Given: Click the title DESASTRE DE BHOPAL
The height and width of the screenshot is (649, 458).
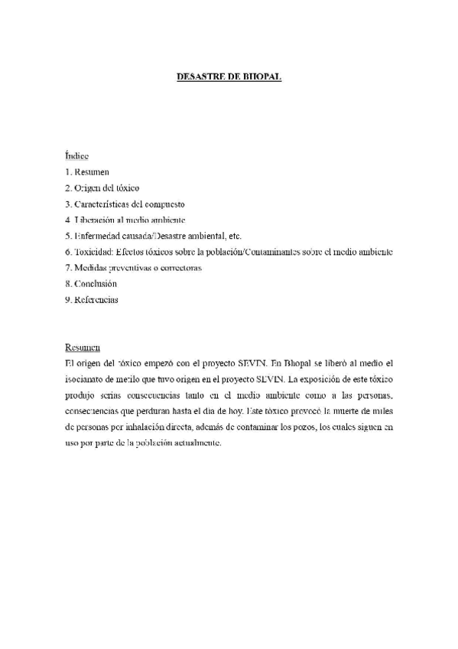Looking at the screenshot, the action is tap(229, 77).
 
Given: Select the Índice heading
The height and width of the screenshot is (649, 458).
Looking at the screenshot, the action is tap(77, 155).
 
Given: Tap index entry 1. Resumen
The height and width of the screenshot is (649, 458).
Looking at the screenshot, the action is tap(87, 171).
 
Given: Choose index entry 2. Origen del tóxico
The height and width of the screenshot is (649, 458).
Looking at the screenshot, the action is tap(102, 188).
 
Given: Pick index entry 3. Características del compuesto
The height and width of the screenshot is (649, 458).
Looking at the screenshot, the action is tap(125, 204).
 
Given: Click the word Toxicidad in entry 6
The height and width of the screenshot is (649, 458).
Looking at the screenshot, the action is tap(94, 252).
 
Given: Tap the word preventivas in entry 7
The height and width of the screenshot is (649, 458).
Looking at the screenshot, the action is tap(132, 268).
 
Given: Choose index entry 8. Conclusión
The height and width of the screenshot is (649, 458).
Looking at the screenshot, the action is tap(91, 284).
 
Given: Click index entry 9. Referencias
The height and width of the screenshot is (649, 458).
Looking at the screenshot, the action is tap(92, 300).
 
